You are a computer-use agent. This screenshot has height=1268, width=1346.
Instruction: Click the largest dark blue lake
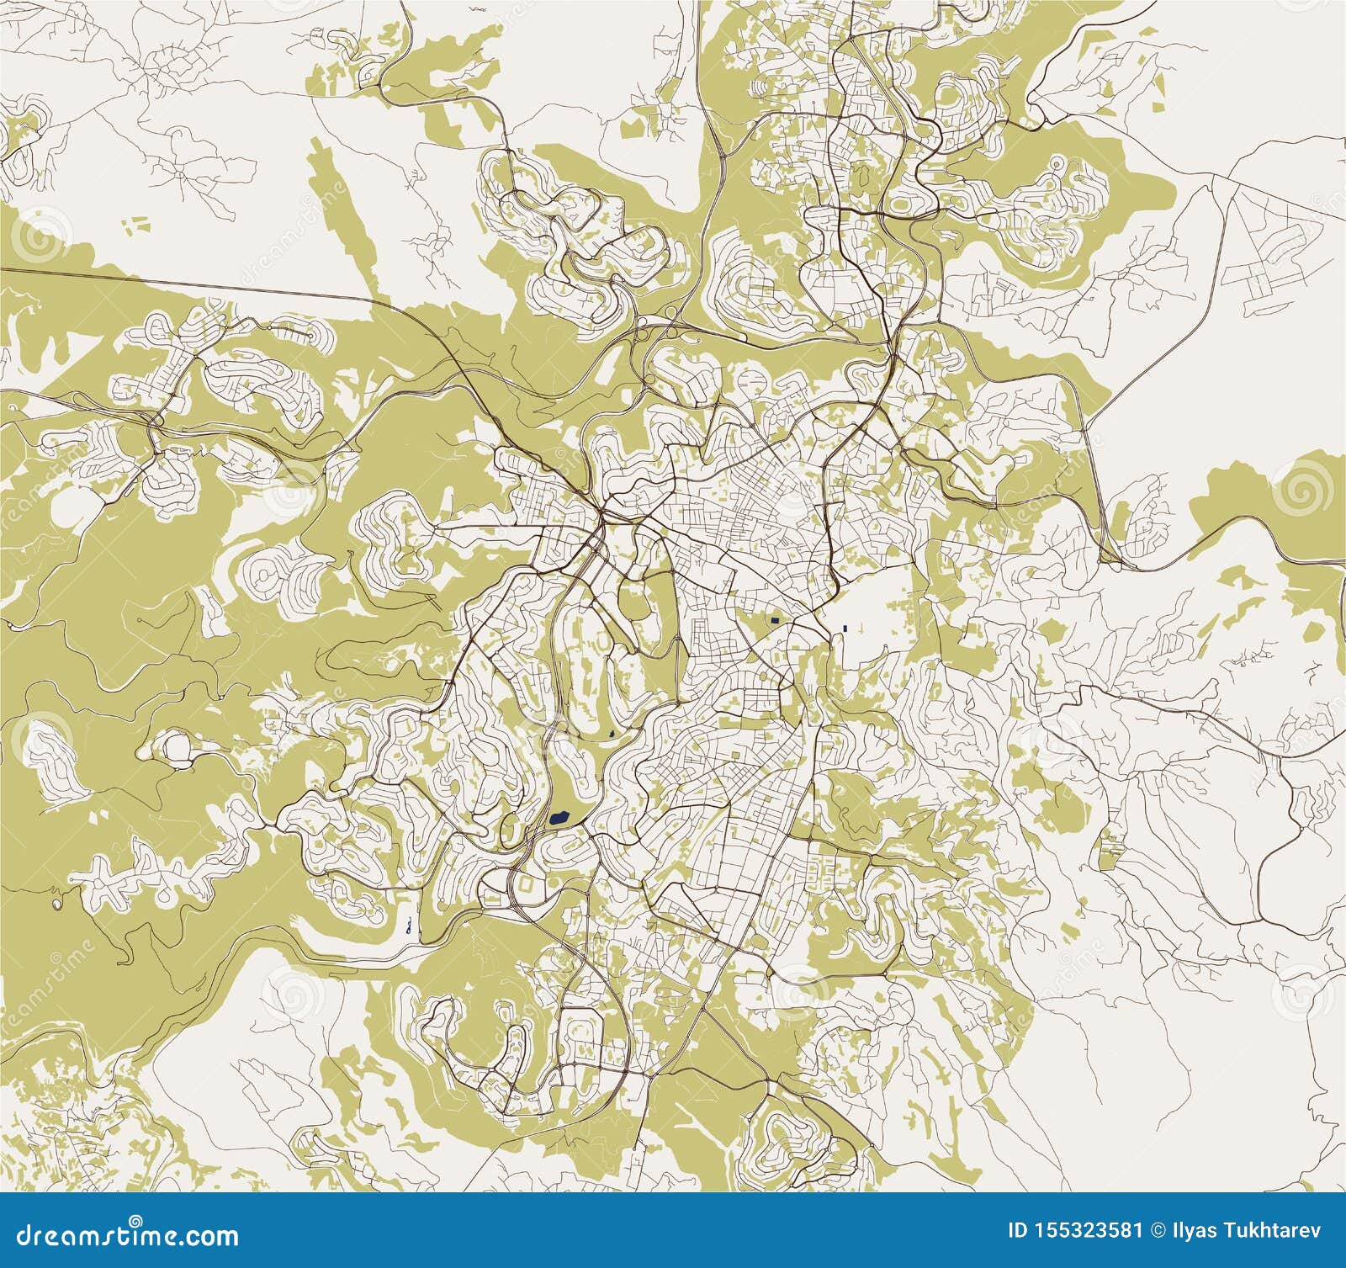[556, 816]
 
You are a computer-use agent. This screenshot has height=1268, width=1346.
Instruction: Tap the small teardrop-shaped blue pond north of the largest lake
[611, 734]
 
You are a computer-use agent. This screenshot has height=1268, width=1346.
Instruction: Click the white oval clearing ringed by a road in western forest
[178, 745]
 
